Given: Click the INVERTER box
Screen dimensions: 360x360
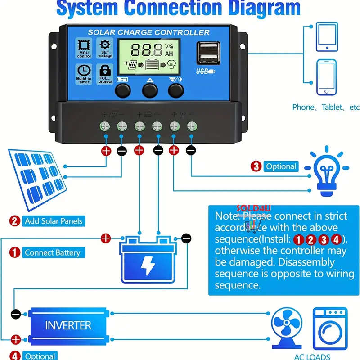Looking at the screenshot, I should (x=68, y=325).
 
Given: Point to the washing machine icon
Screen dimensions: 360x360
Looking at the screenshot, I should (x=330, y=328).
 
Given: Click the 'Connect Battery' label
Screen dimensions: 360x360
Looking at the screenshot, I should (x=52, y=252).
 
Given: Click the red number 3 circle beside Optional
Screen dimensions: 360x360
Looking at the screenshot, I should (x=256, y=166).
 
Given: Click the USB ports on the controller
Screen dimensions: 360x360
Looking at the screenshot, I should (x=208, y=54).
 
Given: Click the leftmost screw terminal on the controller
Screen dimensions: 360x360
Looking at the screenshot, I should (x=105, y=126).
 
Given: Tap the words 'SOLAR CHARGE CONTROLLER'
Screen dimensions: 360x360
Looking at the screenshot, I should (x=148, y=32).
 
